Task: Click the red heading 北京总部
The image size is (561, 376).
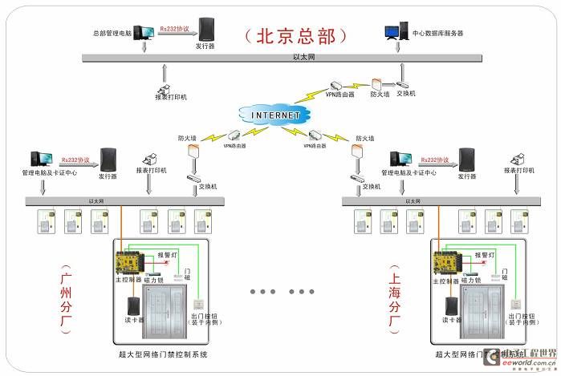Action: (x=297, y=36)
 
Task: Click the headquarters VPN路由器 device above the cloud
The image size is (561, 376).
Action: (x=336, y=84)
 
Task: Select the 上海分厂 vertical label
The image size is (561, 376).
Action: (x=395, y=299)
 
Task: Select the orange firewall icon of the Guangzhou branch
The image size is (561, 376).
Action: (x=193, y=151)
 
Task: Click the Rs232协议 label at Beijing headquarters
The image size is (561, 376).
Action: (x=174, y=29)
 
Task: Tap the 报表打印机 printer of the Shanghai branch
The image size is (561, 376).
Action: (x=513, y=156)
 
